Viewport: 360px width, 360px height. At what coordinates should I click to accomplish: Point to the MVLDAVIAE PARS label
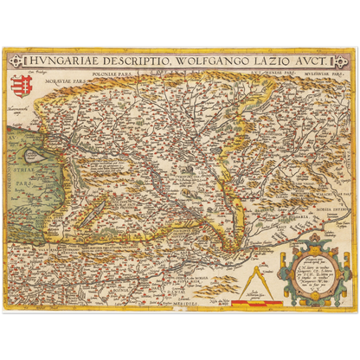(x=307, y=75)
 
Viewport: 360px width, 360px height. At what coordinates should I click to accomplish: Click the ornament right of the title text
(x=337, y=60)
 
